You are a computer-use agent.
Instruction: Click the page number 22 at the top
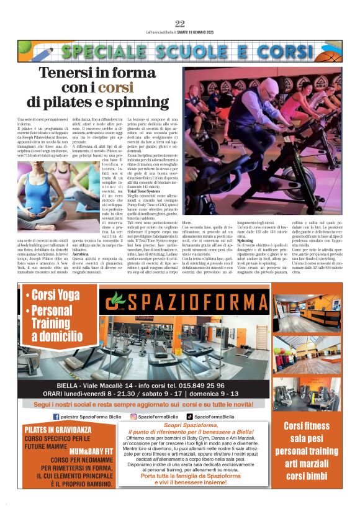click(180, 24)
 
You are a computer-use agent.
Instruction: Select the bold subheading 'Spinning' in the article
click(246, 240)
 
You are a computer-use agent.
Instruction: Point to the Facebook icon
click(56, 416)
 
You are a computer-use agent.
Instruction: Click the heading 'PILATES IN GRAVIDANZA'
click(58, 428)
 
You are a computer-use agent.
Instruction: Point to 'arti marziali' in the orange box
click(306, 462)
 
